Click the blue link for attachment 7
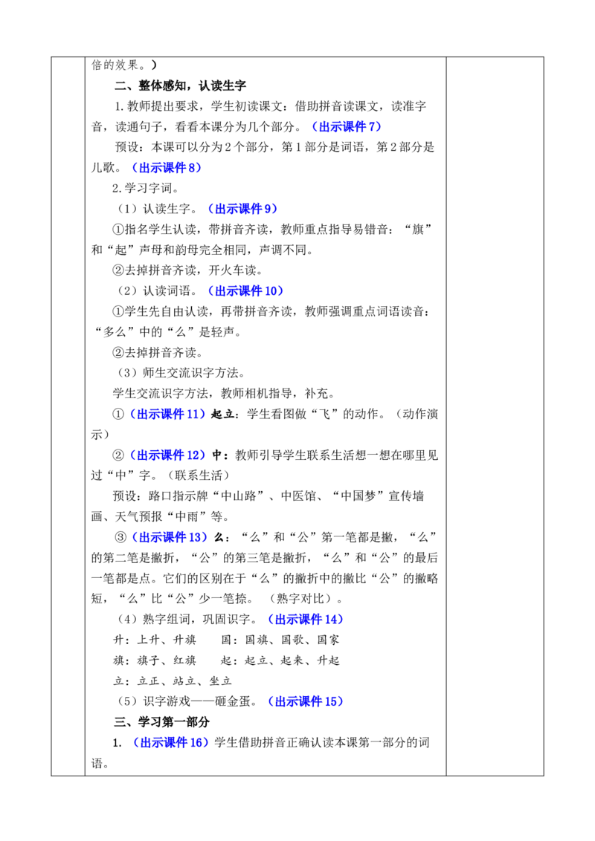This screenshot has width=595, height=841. coord(345,127)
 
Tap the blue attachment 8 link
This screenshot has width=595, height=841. coord(166,168)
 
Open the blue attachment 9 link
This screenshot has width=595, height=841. coord(242,209)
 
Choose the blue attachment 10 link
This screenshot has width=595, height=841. coord(245,290)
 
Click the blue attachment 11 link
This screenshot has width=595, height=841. coord(167,414)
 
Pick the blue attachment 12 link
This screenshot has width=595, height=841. coord(168,455)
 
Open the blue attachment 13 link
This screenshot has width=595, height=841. coord(169,536)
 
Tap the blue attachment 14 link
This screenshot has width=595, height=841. coord(305,619)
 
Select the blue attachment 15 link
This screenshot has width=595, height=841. coord(305,701)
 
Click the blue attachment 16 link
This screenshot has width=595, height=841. coord(170,742)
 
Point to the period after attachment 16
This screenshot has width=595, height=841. coord(211,746)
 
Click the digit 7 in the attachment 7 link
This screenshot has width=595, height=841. coord(373,127)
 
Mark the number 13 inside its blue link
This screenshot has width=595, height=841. coord(196,536)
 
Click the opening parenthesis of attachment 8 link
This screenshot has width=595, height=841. coord(134,168)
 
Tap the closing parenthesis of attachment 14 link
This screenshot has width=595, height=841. coord(341,619)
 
